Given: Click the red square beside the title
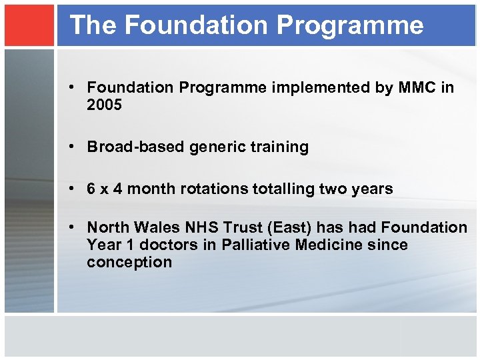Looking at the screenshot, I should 29,25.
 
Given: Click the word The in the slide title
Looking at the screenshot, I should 93,25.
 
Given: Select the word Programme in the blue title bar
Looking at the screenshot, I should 350,25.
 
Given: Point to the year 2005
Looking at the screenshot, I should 105,105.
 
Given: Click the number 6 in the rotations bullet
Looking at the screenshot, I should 91,189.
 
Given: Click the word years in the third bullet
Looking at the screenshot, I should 372,189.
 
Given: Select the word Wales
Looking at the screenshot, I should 151,228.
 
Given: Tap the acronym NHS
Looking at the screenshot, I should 196,228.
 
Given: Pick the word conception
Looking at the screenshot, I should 129,263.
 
